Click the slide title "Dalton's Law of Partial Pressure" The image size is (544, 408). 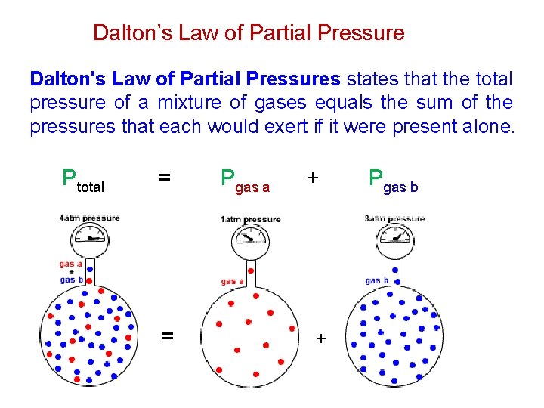tap(249, 33)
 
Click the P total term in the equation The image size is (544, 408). tap(82, 181)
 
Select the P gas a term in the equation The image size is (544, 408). tap(245, 181)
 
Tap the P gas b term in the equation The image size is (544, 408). tap(393, 181)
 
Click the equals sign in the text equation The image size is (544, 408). tap(164, 178)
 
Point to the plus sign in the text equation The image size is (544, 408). tap(312, 178)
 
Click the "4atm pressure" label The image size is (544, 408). tap(89, 218)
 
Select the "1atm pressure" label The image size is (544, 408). tap(250, 220)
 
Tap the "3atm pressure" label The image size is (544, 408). tap(394, 219)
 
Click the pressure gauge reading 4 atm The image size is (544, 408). tap(91, 240)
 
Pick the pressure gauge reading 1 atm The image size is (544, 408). tap(251, 240)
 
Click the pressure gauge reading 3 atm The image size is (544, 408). tap(396, 240)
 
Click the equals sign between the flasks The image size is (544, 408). tap(168, 335)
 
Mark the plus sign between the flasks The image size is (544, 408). tap(320, 338)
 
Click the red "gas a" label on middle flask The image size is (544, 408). tap(233, 282)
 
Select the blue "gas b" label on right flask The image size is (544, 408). tap(377, 280)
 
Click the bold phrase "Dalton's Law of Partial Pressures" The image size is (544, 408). tap(185, 79)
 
